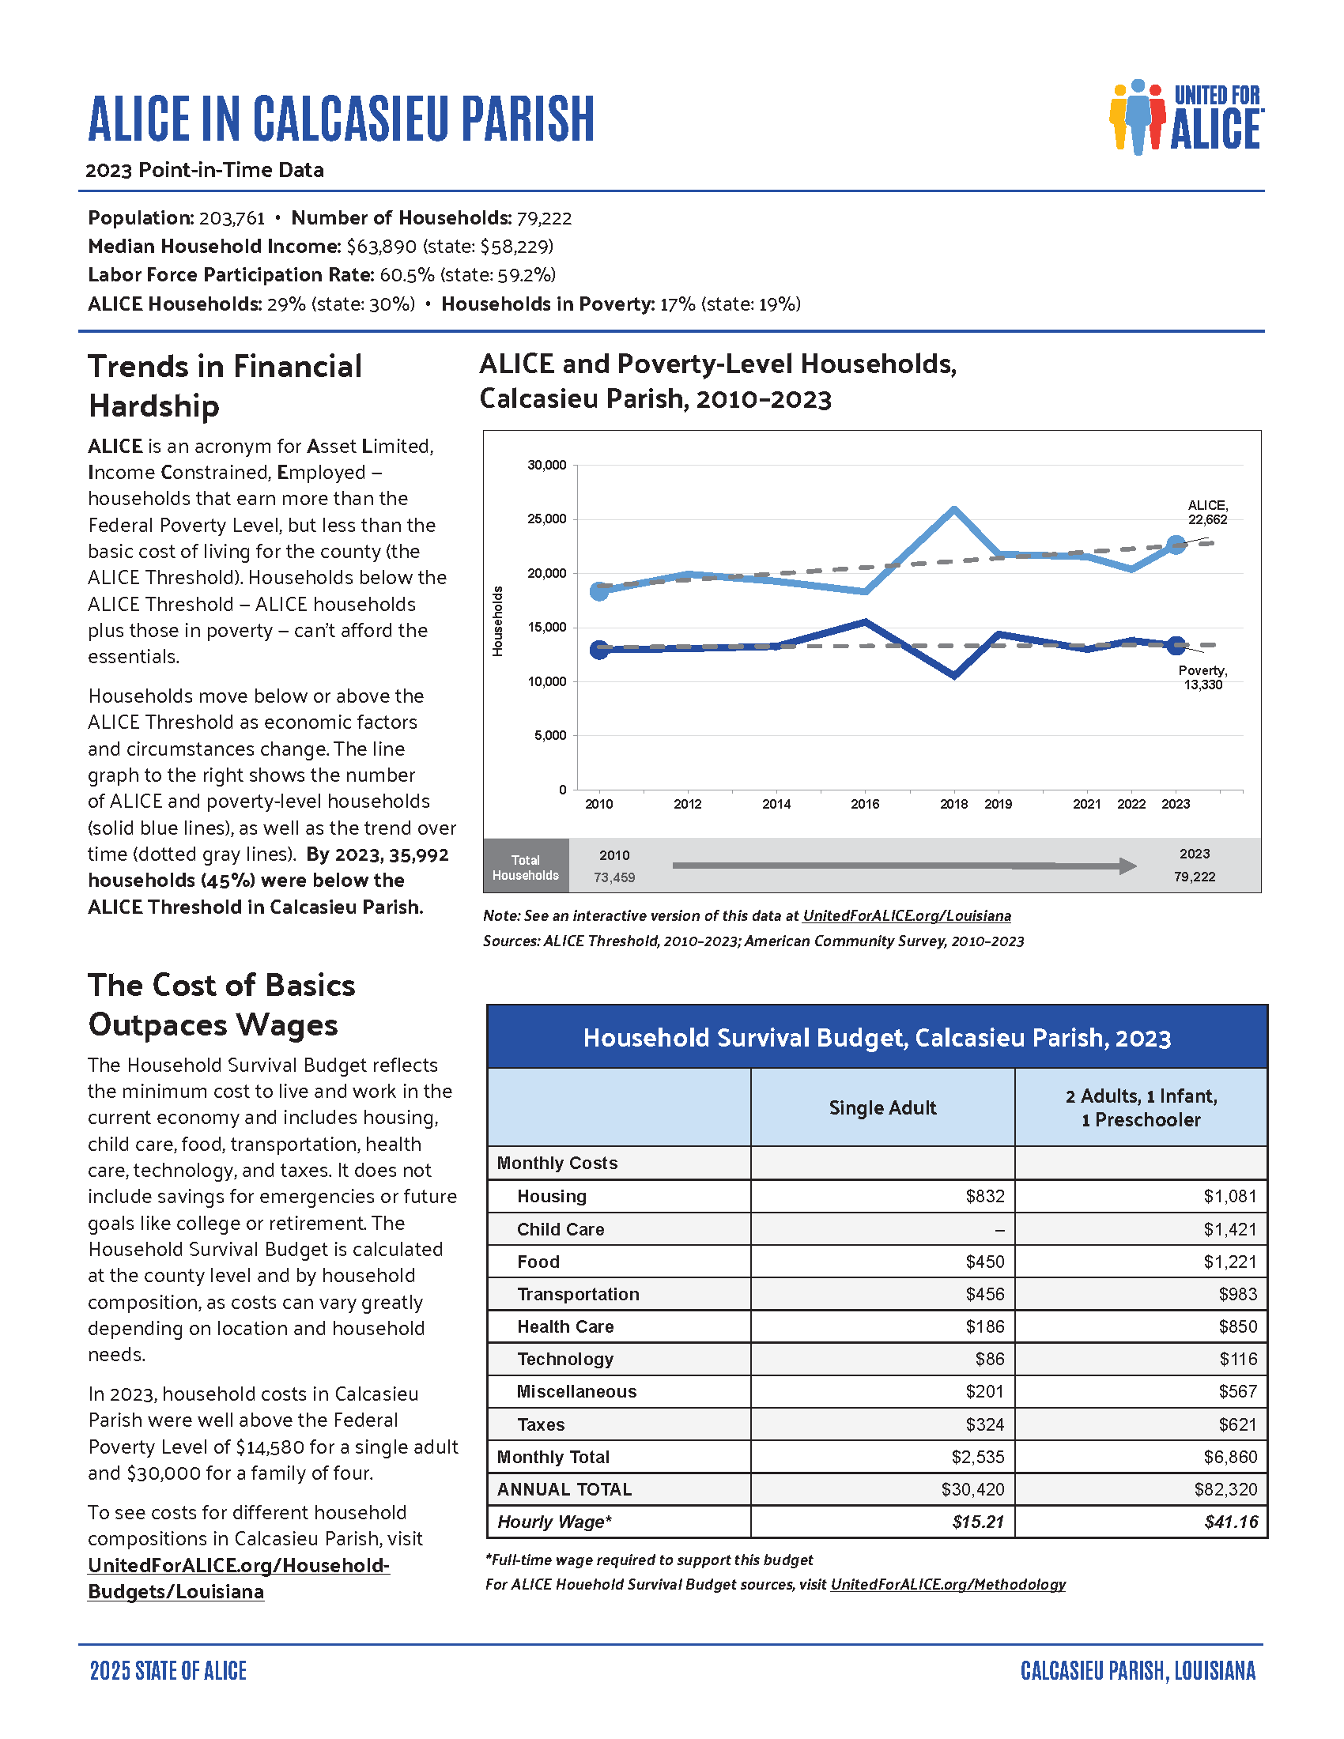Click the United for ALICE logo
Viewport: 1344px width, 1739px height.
[1186, 118]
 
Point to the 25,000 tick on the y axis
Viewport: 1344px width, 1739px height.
[546, 519]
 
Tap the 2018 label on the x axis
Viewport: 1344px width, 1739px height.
[953, 804]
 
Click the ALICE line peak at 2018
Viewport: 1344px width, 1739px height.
[954, 509]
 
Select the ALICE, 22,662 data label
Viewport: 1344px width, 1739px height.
[1207, 513]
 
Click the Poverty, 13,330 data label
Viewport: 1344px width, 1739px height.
[1202, 677]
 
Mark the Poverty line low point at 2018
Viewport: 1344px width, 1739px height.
[954, 676]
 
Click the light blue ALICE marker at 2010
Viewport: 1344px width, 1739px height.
[598, 590]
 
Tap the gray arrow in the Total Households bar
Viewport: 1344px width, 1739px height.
[904, 866]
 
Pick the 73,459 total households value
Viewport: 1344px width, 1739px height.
[613, 877]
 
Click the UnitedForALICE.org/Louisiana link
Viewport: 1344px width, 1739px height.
[906, 915]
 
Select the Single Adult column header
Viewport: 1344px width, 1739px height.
[882, 1107]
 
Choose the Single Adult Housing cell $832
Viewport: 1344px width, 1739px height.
[984, 1196]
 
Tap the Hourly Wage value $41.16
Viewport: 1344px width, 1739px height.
[1231, 1522]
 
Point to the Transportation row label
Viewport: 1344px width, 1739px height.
[578, 1294]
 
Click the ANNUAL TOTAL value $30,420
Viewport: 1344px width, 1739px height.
[972, 1489]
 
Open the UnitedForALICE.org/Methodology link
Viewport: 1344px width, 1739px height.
[947, 1584]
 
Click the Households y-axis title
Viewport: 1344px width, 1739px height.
[497, 621]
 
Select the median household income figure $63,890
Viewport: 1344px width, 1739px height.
[381, 246]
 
